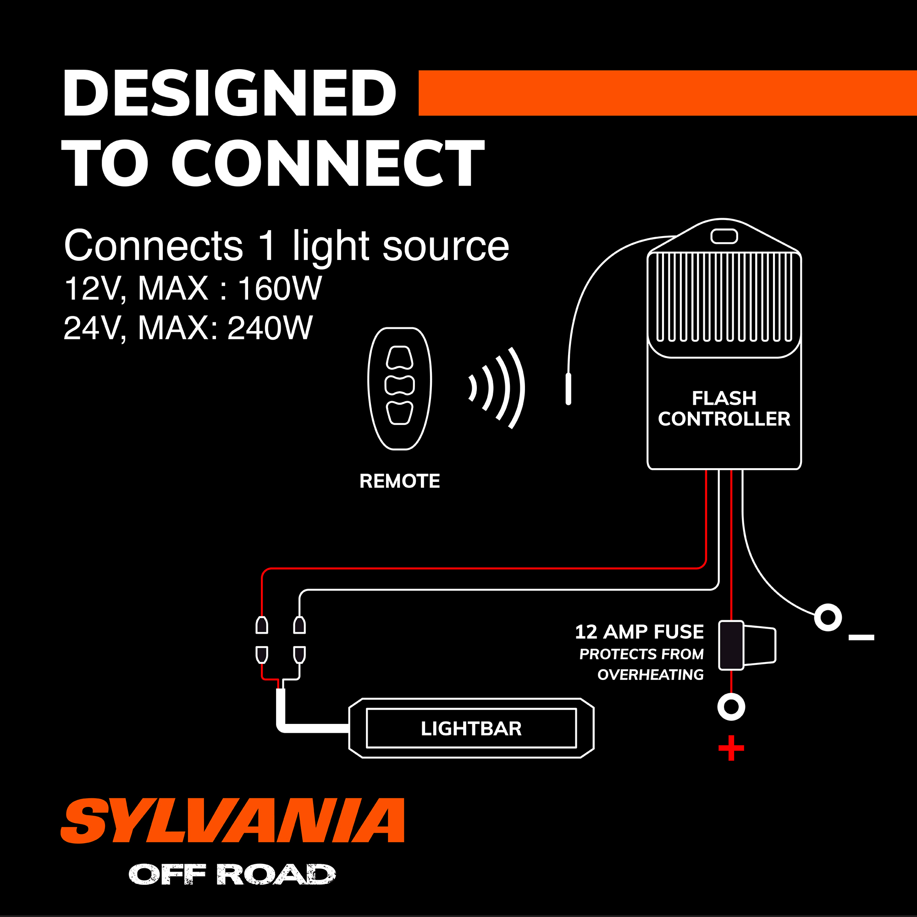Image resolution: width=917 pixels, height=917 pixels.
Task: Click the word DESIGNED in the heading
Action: click(x=229, y=93)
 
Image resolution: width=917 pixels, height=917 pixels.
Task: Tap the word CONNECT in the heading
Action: click(x=327, y=163)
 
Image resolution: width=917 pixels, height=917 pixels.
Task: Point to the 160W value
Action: click(x=280, y=288)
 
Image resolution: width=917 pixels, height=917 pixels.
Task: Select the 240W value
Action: click(x=270, y=328)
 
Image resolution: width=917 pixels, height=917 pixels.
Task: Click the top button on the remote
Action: click(x=400, y=358)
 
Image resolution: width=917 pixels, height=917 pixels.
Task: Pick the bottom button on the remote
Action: click(x=400, y=412)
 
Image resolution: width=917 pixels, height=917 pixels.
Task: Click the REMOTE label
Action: click(x=400, y=481)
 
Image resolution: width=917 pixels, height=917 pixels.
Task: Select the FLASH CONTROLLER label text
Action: click(x=724, y=409)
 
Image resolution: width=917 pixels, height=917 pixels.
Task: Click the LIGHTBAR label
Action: click(x=471, y=729)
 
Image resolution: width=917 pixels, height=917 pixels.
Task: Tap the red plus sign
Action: click(x=731, y=749)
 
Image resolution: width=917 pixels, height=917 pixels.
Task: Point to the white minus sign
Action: click(x=862, y=637)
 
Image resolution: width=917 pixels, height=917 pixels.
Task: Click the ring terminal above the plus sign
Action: click(x=731, y=707)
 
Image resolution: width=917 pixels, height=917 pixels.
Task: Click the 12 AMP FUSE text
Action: click(x=639, y=632)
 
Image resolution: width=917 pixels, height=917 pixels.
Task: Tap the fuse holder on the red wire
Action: click(x=746, y=646)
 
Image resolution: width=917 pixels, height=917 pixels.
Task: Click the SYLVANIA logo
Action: click(x=232, y=821)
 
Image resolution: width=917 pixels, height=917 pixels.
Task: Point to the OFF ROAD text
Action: click(x=232, y=875)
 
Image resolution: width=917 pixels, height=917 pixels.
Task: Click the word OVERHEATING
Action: click(x=650, y=674)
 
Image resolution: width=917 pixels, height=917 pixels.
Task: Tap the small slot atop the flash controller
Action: click(x=724, y=236)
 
